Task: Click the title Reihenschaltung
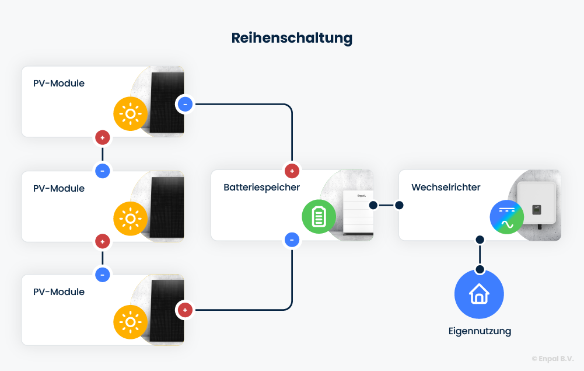292,39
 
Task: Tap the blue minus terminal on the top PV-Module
185,105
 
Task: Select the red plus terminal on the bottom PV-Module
185,310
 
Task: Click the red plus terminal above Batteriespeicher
292,171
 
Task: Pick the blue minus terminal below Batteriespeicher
292,240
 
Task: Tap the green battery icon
319,217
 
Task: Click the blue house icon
479,294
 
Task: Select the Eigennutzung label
480,331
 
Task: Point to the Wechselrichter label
446,188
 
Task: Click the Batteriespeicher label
261,188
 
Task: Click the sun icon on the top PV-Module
130,113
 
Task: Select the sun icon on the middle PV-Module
130,219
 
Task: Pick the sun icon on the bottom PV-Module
130,322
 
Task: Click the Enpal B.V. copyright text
552,359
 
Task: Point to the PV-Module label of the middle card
59,189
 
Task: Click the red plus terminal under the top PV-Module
103,138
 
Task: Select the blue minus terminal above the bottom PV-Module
103,275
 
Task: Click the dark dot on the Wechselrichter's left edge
400,205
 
